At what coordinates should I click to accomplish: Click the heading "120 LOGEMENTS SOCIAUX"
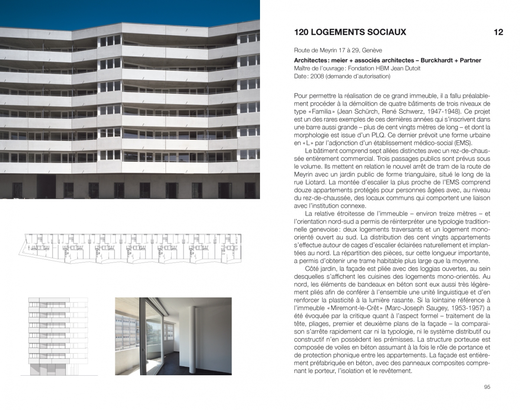[x=350, y=32]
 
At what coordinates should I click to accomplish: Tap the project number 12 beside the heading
[x=498, y=32]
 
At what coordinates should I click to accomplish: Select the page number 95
[x=487, y=387]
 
